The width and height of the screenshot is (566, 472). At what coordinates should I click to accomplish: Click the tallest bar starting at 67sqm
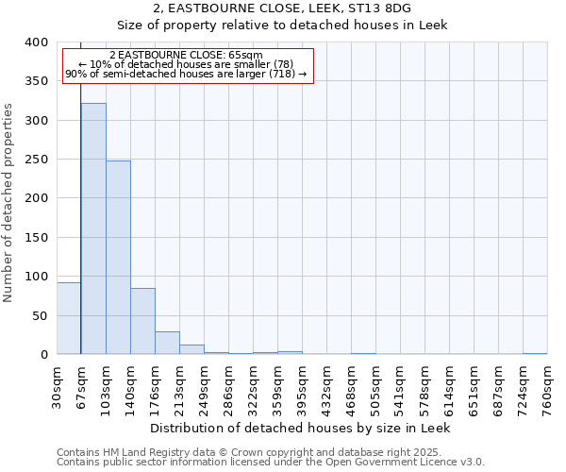point(93,228)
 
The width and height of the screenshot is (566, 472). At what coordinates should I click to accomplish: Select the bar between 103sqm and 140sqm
point(118,258)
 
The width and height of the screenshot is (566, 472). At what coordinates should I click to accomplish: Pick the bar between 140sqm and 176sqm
point(142,321)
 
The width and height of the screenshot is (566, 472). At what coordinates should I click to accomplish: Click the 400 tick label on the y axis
point(37,42)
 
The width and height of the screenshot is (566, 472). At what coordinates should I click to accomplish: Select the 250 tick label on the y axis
point(37,160)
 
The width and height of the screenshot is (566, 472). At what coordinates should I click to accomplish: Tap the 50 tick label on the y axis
point(41,315)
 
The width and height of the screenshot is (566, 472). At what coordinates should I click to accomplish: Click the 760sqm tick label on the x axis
point(547,389)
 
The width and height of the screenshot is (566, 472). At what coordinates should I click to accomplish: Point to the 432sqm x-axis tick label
point(326,389)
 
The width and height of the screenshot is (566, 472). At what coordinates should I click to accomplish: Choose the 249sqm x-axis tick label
point(204,389)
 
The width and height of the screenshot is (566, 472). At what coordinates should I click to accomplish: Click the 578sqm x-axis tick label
point(424,389)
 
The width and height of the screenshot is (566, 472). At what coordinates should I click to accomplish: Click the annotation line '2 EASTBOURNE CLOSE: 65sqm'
point(186,55)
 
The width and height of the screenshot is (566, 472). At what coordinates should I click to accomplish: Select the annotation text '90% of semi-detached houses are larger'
point(186,74)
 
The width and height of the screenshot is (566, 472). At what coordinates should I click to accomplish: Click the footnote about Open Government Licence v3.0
point(271,463)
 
